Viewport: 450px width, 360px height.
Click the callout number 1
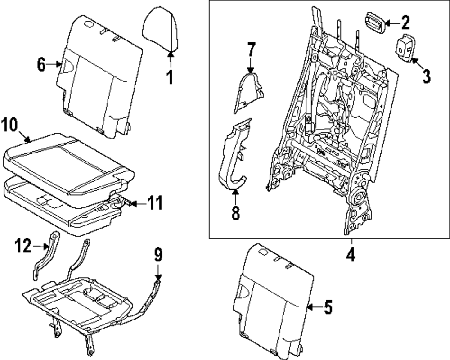[x=170, y=76]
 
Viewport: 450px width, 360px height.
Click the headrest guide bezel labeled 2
[x=374, y=22]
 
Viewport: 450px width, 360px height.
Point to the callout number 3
[x=426, y=75]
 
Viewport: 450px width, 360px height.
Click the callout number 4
[x=351, y=255]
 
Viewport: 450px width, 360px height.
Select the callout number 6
[x=41, y=65]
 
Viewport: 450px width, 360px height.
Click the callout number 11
[x=154, y=204]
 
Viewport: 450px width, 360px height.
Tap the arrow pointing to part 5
[x=315, y=308]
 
